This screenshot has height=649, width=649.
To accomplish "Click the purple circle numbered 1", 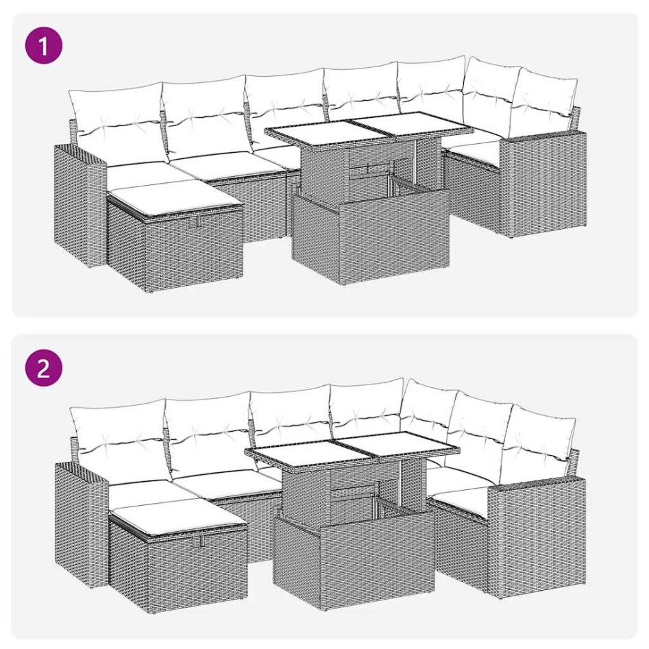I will click(x=43, y=47).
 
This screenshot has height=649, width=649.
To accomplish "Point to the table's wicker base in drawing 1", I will click(x=370, y=236).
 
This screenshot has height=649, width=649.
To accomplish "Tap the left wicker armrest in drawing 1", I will click(x=80, y=199).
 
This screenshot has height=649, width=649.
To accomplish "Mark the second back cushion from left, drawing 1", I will click(x=204, y=110).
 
